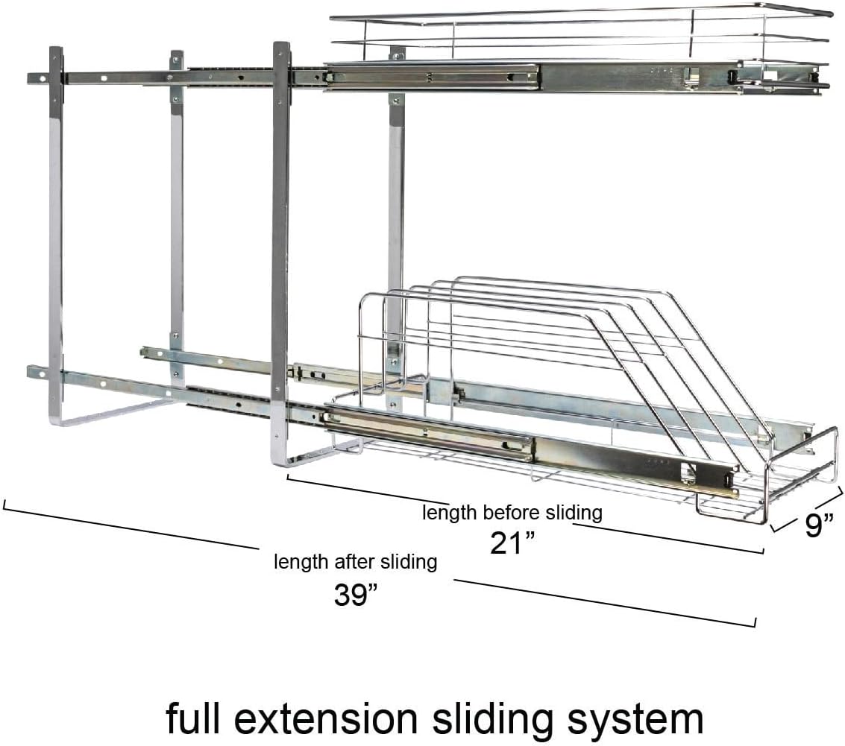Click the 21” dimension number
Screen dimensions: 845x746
[x=512, y=543]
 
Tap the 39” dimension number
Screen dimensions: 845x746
[x=356, y=594]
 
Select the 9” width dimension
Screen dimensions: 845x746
[x=819, y=525]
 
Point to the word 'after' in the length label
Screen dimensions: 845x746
[x=355, y=561]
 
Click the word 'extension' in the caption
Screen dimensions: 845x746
[x=327, y=718]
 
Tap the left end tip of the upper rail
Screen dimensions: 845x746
[x=29, y=78]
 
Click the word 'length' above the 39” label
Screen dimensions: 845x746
[x=301, y=562]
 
